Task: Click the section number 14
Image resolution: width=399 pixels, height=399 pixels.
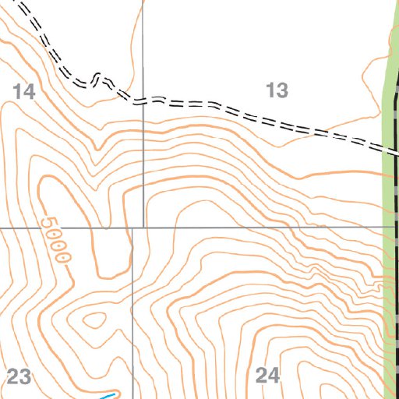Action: click(24, 92)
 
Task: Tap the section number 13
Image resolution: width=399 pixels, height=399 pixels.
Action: click(277, 91)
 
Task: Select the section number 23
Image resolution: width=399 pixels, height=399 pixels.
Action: click(19, 378)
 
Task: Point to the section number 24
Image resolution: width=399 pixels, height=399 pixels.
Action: click(267, 376)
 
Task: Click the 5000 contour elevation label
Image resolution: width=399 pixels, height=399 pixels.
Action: click(58, 238)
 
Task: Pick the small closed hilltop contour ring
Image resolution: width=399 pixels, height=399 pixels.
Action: click(94, 319)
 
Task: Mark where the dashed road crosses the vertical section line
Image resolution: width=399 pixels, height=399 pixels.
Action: click(143, 101)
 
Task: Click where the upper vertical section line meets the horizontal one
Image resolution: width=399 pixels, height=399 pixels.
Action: click(143, 228)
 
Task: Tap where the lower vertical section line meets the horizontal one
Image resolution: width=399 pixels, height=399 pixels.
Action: click(132, 228)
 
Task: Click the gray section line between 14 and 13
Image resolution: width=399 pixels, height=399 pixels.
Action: click(143, 47)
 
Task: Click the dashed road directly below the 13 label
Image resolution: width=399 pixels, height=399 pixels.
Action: click(277, 123)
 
